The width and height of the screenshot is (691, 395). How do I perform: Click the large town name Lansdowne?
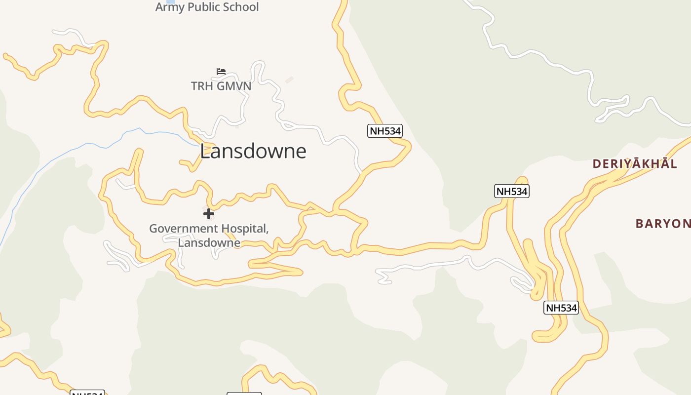pyautogui.click(x=253, y=151)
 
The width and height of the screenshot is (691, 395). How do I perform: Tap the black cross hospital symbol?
pyautogui.click(x=209, y=214)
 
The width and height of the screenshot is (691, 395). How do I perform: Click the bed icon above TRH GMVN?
pyautogui.click(x=221, y=72)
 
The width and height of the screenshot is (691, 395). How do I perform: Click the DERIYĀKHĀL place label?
pyautogui.click(x=635, y=164)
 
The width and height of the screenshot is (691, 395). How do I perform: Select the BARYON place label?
pyautogui.click(x=663, y=224)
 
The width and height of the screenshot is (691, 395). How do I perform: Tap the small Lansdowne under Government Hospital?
pyautogui.click(x=209, y=242)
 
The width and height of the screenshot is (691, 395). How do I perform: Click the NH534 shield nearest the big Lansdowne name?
pyautogui.click(x=385, y=131)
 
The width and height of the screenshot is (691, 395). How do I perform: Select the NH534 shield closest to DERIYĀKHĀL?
pyautogui.click(x=512, y=191)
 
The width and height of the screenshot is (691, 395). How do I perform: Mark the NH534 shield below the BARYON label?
pyautogui.click(x=561, y=308)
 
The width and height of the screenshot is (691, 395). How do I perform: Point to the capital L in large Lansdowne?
pyautogui.click(x=205, y=151)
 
